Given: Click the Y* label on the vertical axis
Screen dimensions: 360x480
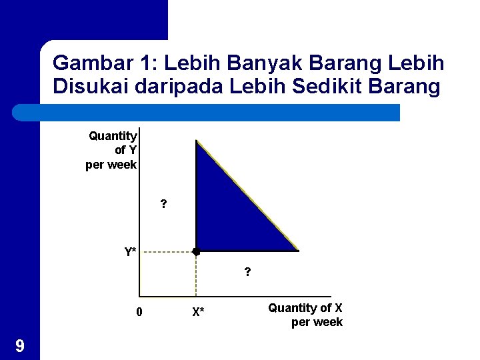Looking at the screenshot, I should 130,252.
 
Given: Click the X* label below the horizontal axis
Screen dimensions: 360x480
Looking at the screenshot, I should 198,311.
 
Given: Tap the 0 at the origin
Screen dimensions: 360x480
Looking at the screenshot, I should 138,311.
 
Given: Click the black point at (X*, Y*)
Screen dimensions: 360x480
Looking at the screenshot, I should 195,252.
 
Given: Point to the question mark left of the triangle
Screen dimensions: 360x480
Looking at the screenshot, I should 163,204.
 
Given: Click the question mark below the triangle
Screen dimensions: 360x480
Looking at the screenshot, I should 247,272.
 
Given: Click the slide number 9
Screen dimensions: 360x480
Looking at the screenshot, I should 20,345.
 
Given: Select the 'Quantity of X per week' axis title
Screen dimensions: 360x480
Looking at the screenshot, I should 306,315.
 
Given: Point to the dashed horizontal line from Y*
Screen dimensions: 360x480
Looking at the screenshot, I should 167,252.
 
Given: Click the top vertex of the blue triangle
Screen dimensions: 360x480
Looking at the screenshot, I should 197,141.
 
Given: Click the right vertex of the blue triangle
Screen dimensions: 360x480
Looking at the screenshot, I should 297,251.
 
